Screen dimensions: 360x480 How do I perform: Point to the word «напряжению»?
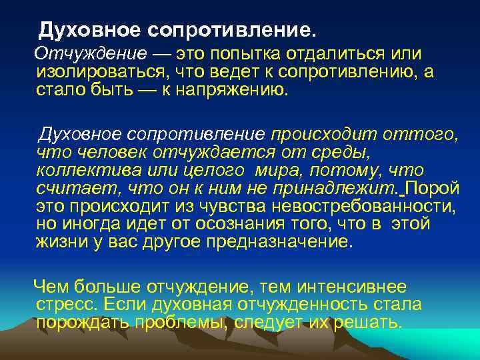click(x=229, y=90)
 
